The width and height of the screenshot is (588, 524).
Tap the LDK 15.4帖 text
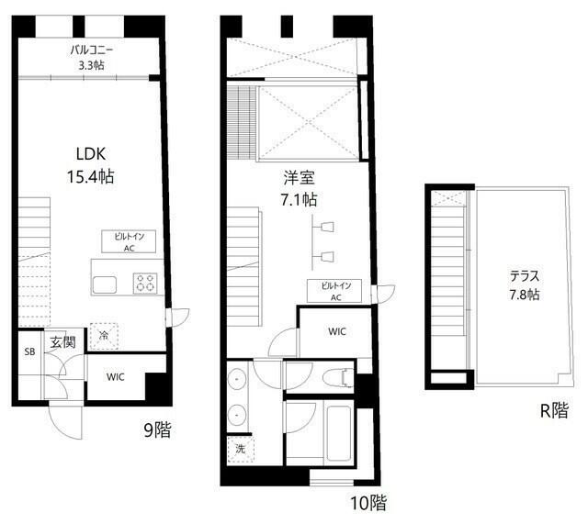(x=91, y=165)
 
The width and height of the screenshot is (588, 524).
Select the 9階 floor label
(x=157, y=429)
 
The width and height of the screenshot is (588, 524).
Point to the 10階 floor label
(x=368, y=503)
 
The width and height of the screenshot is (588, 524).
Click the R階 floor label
(x=554, y=410)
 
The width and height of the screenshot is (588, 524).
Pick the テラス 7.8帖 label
(x=525, y=285)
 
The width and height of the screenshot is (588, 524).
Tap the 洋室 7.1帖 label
(x=299, y=188)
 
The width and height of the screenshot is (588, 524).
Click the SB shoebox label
(x=29, y=351)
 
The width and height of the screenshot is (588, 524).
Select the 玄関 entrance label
(x=62, y=342)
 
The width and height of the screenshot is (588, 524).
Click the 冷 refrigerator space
(x=104, y=336)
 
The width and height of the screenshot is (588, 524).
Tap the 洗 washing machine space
(x=241, y=449)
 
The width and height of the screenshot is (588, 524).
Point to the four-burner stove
(x=145, y=284)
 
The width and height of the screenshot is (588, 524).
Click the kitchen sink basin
(x=105, y=285)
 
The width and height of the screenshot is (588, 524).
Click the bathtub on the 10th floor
(x=339, y=433)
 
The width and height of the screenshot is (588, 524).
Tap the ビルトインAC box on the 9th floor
(x=129, y=241)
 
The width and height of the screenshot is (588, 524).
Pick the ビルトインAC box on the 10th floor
(x=334, y=291)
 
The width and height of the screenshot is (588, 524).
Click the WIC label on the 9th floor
(x=116, y=377)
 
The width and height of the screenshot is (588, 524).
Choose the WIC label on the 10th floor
(x=337, y=331)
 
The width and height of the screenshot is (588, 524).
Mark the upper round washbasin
(x=237, y=379)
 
